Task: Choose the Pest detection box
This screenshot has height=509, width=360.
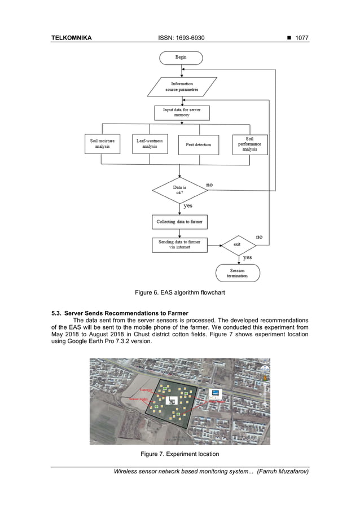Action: pyautogui.click(x=199, y=144)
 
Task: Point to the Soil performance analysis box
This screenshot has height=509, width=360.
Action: pyautogui.click(x=250, y=144)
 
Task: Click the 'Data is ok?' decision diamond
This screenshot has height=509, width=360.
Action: pyautogui.click(x=181, y=189)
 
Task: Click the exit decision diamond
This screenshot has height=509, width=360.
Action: pyautogui.click(x=240, y=244)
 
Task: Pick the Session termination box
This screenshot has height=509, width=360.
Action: pyautogui.click(x=238, y=274)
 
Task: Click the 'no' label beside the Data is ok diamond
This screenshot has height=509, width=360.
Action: pyautogui.click(x=209, y=185)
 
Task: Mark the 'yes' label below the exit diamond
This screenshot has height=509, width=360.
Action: pyautogui.click(x=247, y=257)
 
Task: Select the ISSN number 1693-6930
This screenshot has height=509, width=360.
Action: pyautogui.click(x=182, y=38)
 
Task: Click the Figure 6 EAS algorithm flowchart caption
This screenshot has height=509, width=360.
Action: pyautogui.click(x=180, y=292)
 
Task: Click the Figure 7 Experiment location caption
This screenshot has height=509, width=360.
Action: pyautogui.click(x=180, y=454)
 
